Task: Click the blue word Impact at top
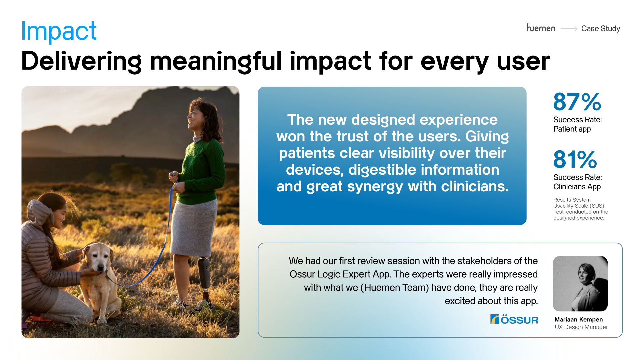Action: click(59, 31)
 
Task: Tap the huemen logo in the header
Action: click(541, 28)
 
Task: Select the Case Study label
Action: click(600, 29)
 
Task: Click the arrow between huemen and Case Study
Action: click(569, 29)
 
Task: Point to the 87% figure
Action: click(577, 102)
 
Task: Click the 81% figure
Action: click(575, 160)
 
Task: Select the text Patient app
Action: click(572, 129)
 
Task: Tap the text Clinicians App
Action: click(577, 187)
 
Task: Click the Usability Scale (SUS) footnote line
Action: click(579, 206)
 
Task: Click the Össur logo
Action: click(514, 319)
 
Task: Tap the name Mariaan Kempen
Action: click(579, 319)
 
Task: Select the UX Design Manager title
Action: click(581, 327)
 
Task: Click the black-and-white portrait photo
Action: click(580, 283)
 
